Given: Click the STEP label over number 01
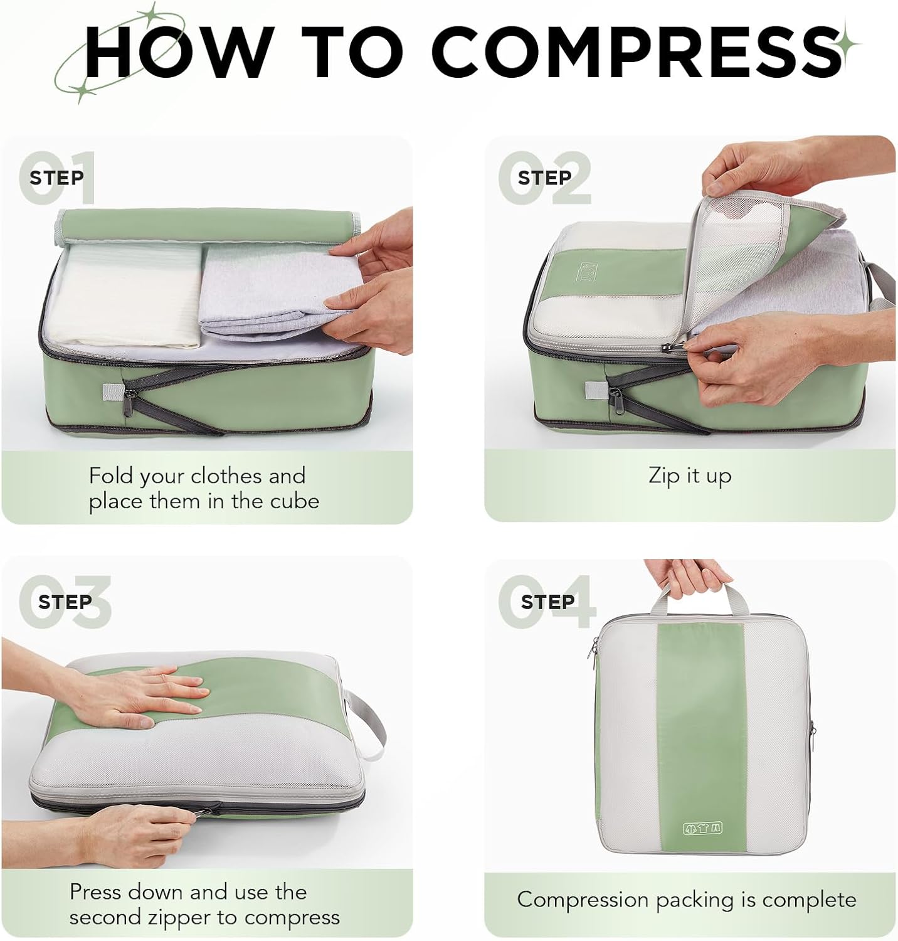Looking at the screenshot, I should point(56,178).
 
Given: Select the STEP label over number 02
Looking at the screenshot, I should point(544,178).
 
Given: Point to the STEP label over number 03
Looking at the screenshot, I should point(65,602).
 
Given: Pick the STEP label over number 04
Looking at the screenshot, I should point(547,602).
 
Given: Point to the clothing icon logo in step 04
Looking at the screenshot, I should point(702,828).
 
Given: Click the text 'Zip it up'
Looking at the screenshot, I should point(690,476).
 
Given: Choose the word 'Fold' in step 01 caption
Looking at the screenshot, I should point(111,476).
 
